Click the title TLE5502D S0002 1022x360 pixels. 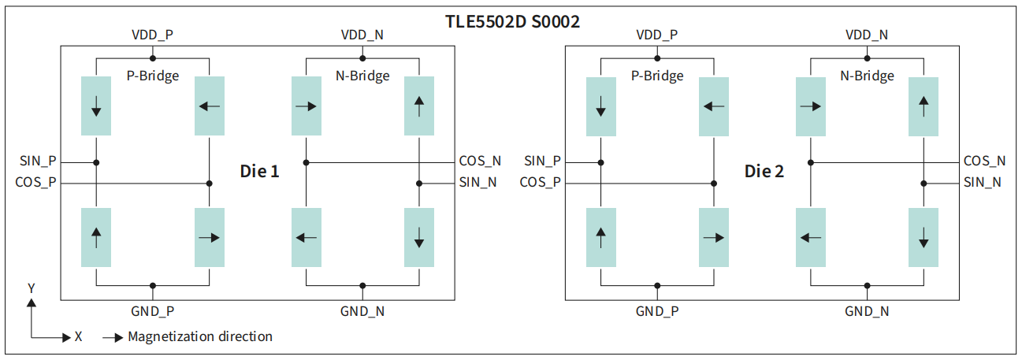coord(512,21)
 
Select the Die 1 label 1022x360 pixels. coord(259,171)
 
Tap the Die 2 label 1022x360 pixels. coord(764,171)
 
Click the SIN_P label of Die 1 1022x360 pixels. coord(38,161)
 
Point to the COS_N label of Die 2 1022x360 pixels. coord(985,161)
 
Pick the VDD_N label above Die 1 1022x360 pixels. coord(362,35)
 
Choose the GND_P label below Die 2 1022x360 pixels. coord(657,312)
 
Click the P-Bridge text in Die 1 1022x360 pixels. coord(153,76)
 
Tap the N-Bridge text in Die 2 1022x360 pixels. coord(867,76)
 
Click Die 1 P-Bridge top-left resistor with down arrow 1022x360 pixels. coord(96,106)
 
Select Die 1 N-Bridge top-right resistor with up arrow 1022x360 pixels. coord(419,106)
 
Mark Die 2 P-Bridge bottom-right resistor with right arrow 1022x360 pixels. coord(714,237)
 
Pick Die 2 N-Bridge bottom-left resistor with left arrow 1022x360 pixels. coord(811,237)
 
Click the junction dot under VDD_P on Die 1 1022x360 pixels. coord(153,58)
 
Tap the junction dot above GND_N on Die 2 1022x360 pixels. coord(867,286)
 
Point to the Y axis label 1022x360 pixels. coord(32,289)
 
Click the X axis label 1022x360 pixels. coord(79,336)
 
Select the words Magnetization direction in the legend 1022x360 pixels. coord(200,336)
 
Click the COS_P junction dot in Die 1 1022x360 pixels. coord(210,184)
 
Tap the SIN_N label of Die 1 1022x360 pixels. coord(478,183)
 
